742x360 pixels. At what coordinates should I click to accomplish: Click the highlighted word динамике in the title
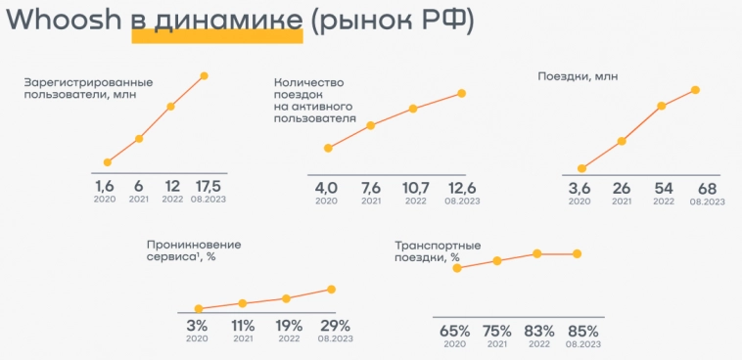point(217,22)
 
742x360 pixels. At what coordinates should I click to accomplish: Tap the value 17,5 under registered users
point(208,186)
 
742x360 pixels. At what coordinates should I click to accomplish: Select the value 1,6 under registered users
point(105,186)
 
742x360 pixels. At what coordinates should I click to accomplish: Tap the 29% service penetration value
point(335,326)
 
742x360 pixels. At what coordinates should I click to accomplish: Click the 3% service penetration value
point(197,326)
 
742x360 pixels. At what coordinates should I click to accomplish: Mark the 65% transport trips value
point(454,331)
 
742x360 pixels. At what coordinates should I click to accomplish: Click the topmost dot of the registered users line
point(205,75)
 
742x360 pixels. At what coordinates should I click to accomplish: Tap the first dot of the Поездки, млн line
point(581,168)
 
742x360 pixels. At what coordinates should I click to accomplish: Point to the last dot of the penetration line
point(332,289)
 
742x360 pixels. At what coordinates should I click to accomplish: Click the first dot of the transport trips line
point(457,267)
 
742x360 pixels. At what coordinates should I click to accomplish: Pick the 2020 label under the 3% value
point(197,338)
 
